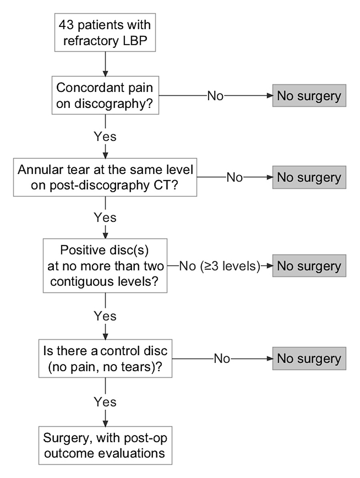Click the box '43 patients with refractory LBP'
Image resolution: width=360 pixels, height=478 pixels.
(x=105, y=33)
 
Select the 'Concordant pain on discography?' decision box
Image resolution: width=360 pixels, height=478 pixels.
(x=105, y=95)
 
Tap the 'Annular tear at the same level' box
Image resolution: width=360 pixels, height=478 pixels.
(x=105, y=177)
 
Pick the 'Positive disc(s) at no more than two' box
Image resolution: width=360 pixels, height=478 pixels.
(x=105, y=266)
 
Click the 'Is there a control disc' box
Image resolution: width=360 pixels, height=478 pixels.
(x=105, y=358)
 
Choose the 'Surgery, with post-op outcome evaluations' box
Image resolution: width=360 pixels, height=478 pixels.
(x=105, y=445)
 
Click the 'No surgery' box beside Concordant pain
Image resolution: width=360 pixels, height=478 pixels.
(x=309, y=96)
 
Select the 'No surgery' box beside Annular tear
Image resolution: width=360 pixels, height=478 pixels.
(x=309, y=177)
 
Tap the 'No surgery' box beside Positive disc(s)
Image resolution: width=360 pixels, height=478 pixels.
(x=309, y=266)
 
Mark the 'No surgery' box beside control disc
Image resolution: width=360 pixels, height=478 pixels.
(x=309, y=358)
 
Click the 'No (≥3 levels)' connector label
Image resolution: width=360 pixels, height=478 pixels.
(x=219, y=266)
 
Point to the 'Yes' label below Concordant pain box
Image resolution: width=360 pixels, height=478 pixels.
(x=105, y=136)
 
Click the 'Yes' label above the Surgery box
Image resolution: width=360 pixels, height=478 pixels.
(x=105, y=402)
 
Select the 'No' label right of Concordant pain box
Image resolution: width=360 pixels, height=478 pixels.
(x=215, y=96)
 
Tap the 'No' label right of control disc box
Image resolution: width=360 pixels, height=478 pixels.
(x=222, y=358)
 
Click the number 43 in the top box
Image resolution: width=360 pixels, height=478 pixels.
(x=66, y=25)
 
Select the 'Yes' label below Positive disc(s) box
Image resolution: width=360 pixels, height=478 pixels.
(x=105, y=316)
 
